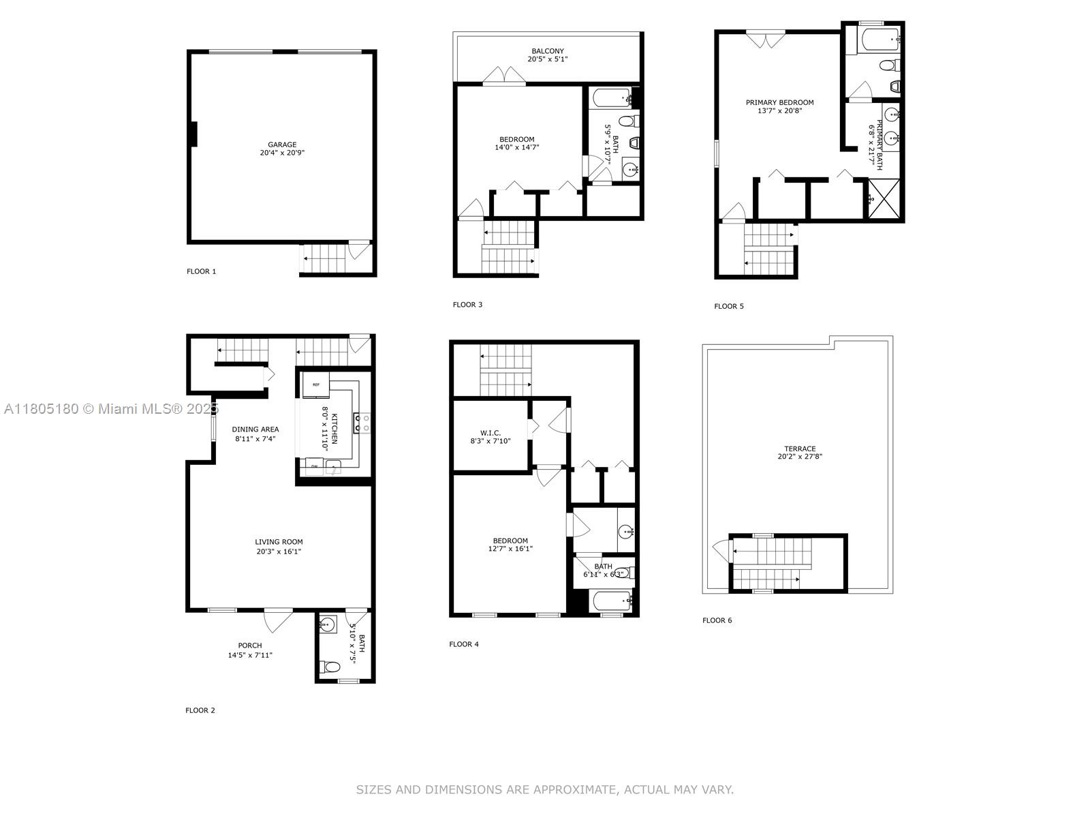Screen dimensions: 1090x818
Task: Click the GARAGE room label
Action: pyautogui.click(x=282, y=145)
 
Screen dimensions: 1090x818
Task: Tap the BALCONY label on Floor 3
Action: pyautogui.click(x=547, y=51)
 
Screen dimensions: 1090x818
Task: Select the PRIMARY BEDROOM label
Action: pyautogui.click(x=779, y=103)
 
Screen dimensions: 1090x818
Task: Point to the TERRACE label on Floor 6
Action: pyautogui.click(x=800, y=449)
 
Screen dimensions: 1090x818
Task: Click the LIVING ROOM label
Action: pyautogui.click(x=279, y=542)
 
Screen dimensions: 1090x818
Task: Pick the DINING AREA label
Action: pyautogui.click(x=255, y=429)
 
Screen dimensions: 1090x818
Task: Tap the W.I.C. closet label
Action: pyautogui.click(x=490, y=433)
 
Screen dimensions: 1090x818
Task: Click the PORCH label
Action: pyautogui.click(x=250, y=646)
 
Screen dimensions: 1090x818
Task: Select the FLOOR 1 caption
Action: pyautogui.click(x=201, y=272)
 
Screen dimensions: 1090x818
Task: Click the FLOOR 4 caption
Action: pyautogui.click(x=464, y=644)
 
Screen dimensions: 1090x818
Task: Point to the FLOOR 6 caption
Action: pyautogui.click(x=717, y=620)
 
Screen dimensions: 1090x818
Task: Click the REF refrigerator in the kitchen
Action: pyautogui.click(x=316, y=385)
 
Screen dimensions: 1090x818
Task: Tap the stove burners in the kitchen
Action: pyautogui.click(x=362, y=423)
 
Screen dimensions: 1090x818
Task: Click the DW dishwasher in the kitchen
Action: pyautogui.click(x=314, y=466)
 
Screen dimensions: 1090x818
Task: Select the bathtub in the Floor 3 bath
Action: pyautogui.click(x=612, y=98)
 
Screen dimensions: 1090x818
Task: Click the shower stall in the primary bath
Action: pyautogui.click(x=884, y=198)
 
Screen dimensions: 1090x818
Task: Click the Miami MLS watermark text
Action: pyautogui.click(x=111, y=409)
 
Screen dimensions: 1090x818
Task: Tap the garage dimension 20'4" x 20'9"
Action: pyautogui.click(x=282, y=153)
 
